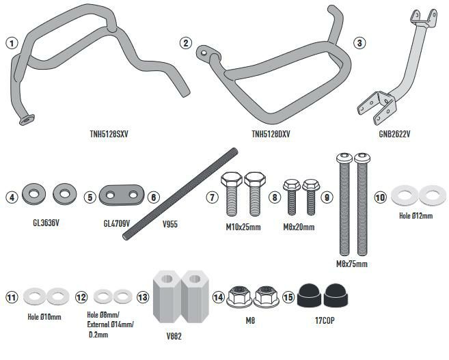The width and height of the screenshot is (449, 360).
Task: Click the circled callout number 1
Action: (11, 43)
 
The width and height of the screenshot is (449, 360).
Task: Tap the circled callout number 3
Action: (359, 43)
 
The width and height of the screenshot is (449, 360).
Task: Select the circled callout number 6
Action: (154, 197)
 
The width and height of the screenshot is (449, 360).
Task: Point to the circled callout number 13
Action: (143, 297)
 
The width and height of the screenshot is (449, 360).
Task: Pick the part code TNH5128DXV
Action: (272, 135)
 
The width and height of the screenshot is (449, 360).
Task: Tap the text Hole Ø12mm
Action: (418, 217)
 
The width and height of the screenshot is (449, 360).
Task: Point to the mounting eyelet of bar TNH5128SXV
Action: (26, 120)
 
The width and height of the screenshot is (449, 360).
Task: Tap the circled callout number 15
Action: (288, 297)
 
